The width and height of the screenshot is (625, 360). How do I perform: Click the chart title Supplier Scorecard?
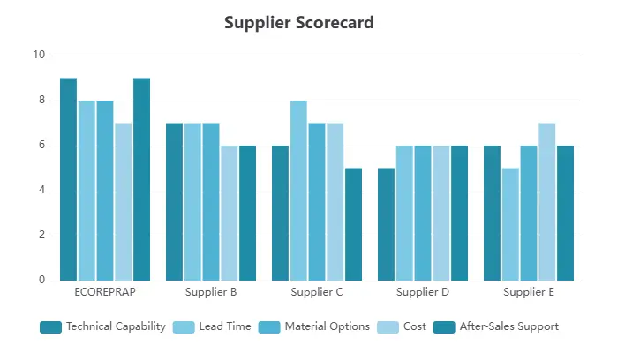pyautogui.click(x=298, y=23)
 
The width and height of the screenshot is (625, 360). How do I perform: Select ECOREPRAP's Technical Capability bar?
pyautogui.click(x=68, y=179)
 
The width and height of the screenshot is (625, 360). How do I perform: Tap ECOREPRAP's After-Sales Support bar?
pyautogui.click(x=141, y=179)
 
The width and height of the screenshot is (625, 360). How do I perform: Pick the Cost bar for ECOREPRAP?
pyautogui.click(x=123, y=202)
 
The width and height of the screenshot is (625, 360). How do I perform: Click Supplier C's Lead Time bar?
pyautogui.click(x=298, y=191)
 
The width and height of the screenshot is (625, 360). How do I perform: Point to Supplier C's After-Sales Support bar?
pyautogui.click(x=353, y=224)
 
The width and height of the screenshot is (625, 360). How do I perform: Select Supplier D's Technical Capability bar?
pyautogui.click(x=386, y=224)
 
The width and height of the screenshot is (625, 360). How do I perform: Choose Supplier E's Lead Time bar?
pyautogui.click(x=510, y=224)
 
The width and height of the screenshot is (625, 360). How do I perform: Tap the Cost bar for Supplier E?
pyautogui.click(x=546, y=202)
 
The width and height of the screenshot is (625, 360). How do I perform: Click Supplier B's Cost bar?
pyautogui.click(x=229, y=214)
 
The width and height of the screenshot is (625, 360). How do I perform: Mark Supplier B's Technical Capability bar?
pyautogui.click(x=174, y=202)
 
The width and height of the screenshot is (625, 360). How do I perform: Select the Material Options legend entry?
pyautogui.click(x=315, y=326)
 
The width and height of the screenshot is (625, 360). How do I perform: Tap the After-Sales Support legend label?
pyautogui.click(x=508, y=326)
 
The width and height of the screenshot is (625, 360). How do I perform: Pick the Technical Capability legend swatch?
pyautogui.click(x=50, y=327)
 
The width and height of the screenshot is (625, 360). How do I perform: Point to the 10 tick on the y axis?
pyautogui.click(x=38, y=56)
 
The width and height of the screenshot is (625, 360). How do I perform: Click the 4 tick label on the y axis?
pyautogui.click(x=41, y=191)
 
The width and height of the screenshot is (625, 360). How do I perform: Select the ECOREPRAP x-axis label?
pyautogui.click(x=105, y=291)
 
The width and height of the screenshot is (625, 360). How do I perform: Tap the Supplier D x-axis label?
pyautogui.click(x=423, y=291)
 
